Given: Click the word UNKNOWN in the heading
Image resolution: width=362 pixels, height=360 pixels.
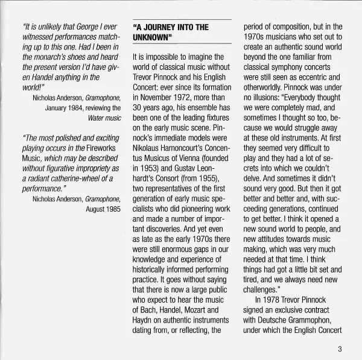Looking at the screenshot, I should (x=151, y=38).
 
